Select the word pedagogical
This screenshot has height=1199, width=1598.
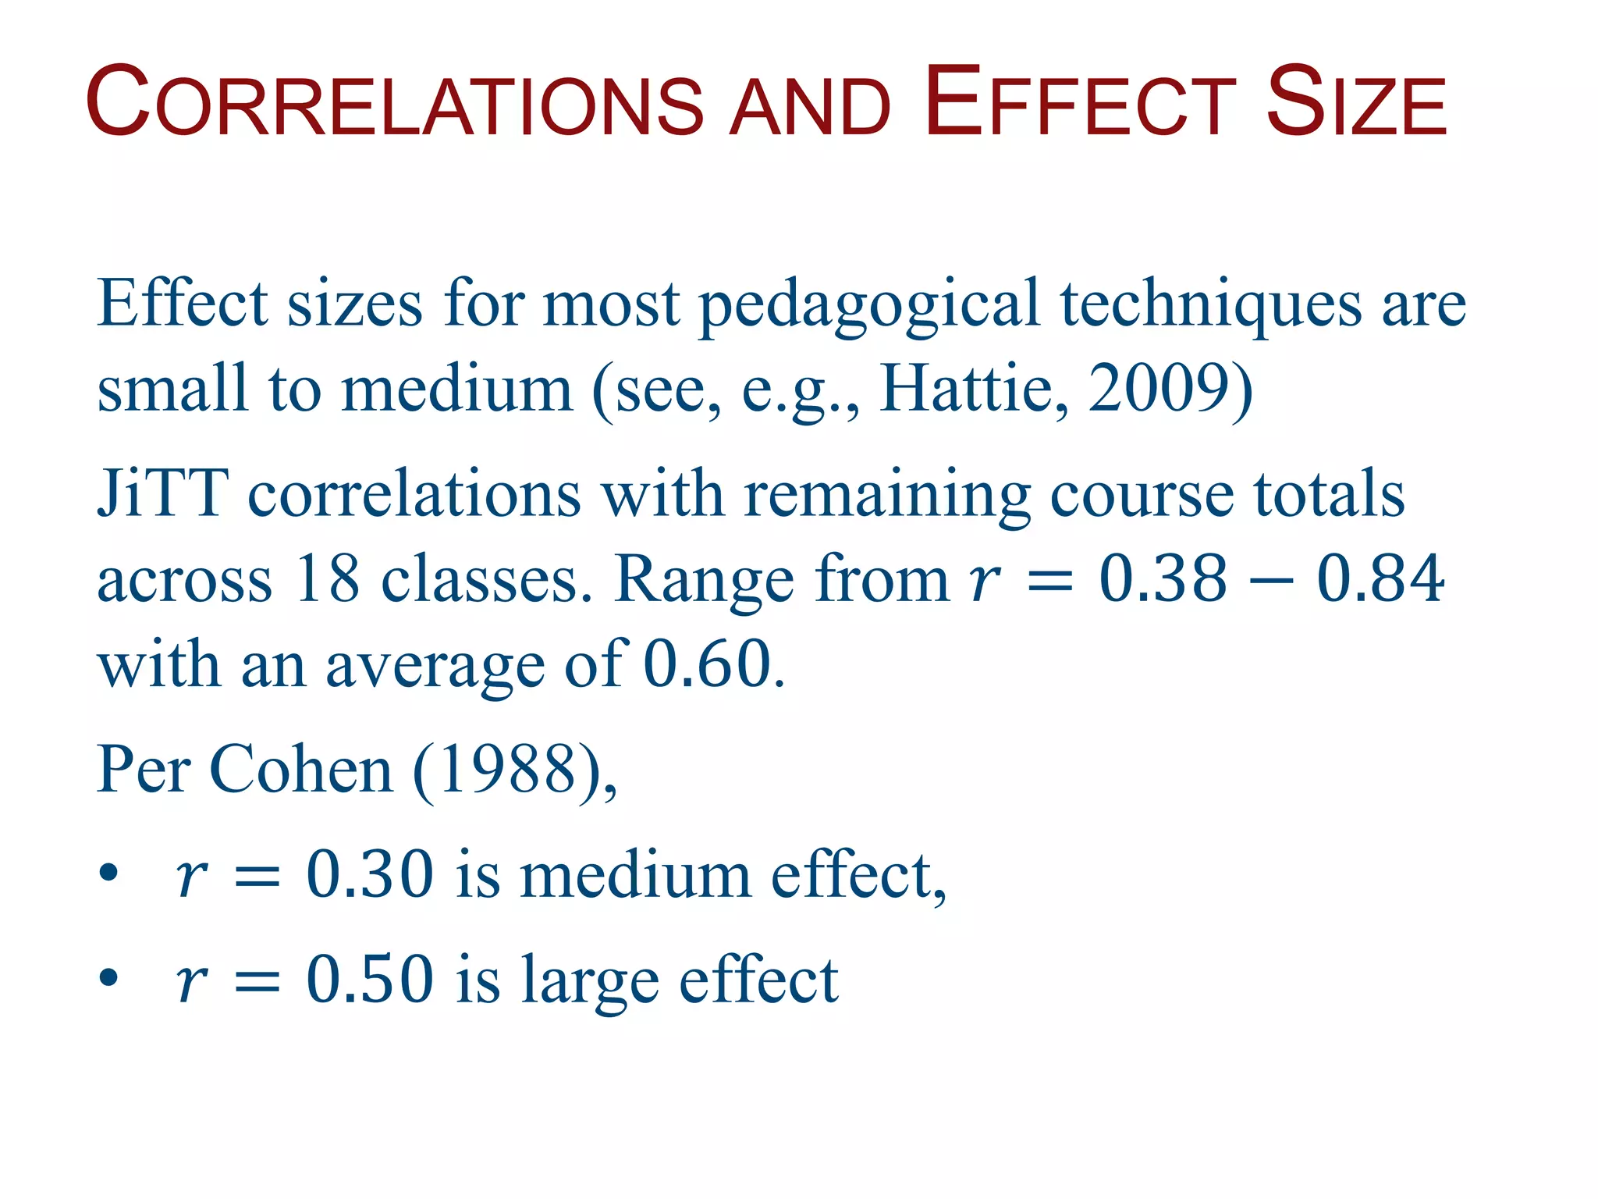pyautogui.click(x=869, y=304)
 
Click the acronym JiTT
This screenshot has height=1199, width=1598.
pyautogui.click(x=162, y=493)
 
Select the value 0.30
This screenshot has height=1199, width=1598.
pyautogui.click(x=370, y=874)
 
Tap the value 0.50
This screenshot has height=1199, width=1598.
pyautogui.click(x=370, y=979)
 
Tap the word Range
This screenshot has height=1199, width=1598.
pyautogui.click(x=703, y=580)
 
